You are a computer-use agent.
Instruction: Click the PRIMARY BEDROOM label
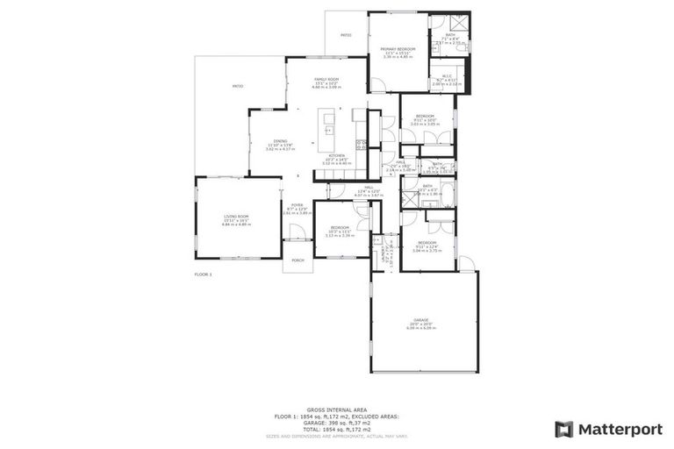tap(398, 48)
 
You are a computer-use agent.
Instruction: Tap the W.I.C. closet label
tap(447, 76)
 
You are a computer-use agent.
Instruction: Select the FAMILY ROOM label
tap(327, 80)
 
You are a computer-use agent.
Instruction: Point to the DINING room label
tap(280, 140)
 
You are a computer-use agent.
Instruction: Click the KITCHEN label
tap(337, 155)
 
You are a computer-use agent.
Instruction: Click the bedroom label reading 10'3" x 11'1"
tap(340, 227)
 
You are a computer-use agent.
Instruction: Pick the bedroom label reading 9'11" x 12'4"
tap(427, 242)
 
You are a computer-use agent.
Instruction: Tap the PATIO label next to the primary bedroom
tap(346, 35)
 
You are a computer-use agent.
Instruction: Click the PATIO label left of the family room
tap(237, 86)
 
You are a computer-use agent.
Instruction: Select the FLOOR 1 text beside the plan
tap(203, 274)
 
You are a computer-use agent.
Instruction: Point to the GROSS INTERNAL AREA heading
tap(336, 409)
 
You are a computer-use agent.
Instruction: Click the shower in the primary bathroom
tap(456, 23)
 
